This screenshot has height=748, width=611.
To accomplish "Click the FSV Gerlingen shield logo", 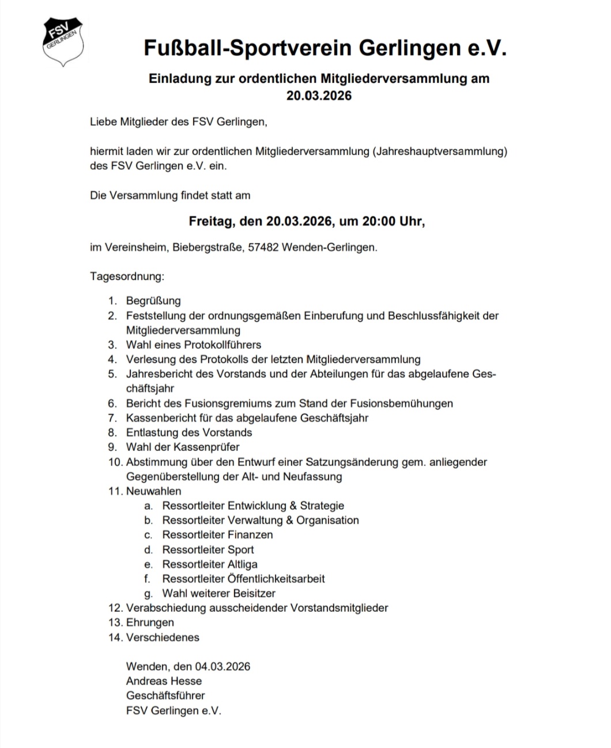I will click(x=64, y=42).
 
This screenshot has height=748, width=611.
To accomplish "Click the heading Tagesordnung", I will click(x=127, y=276).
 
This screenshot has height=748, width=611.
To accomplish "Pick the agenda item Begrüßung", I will click(x=153, y=301).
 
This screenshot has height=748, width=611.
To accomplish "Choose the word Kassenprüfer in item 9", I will click(x=206, y=447).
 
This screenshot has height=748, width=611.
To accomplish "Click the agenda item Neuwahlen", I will click(x=153, y=491).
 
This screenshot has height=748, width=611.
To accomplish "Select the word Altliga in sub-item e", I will click(x=242, y=564).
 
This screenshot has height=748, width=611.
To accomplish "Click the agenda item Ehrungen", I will click(x=150, y=622).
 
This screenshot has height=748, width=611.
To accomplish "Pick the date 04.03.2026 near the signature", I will click(x=222, y=667).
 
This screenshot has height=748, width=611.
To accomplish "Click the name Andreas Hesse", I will click(x=164, y=681).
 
